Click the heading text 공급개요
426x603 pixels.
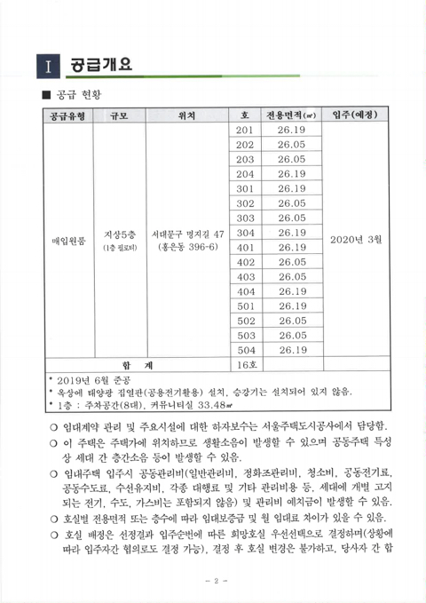tap(101, 64)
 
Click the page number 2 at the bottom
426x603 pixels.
tap(212, 581)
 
